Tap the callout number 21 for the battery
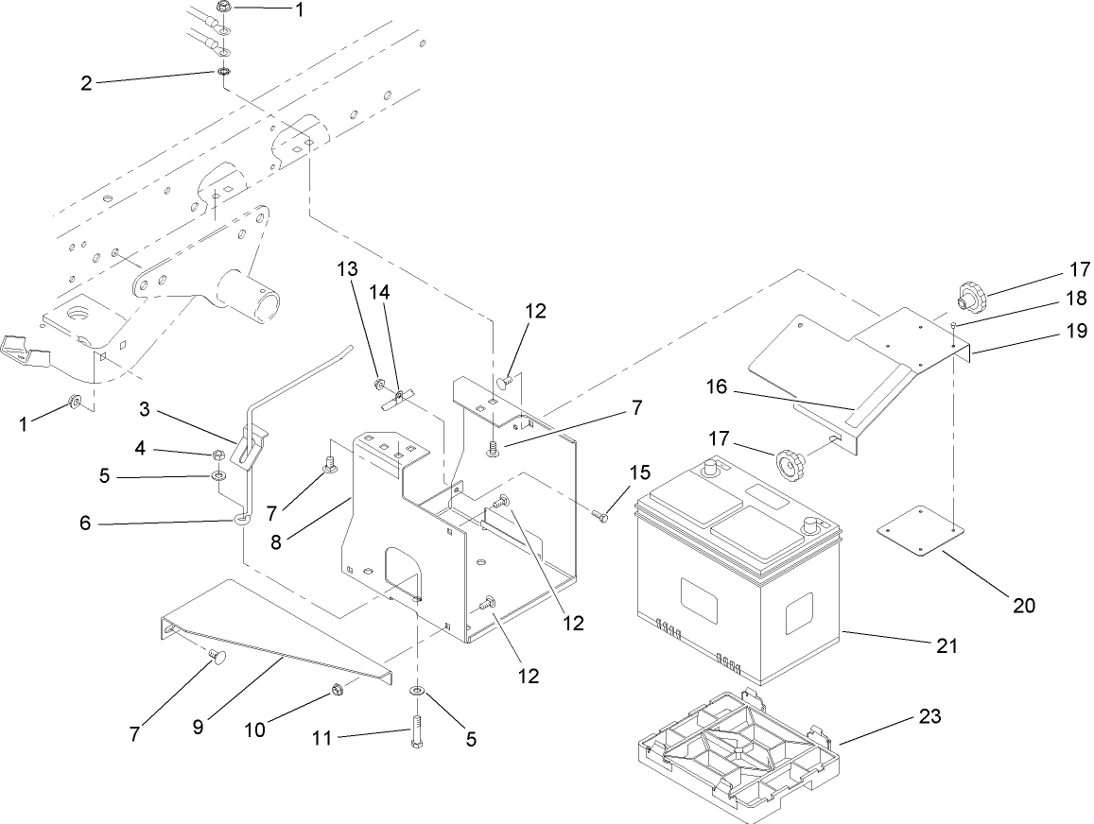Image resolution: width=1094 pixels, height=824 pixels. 946,646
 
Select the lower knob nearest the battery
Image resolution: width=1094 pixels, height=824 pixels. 790,465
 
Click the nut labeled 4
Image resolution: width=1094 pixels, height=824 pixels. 217,455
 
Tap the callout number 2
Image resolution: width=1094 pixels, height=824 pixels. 86,83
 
